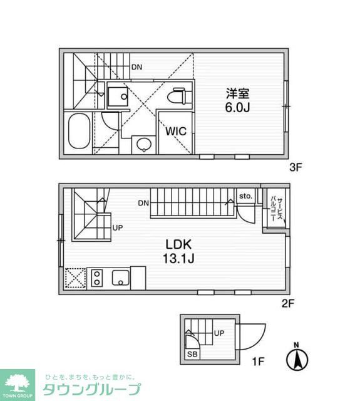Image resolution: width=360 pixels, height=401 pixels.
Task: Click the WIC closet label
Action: [x=175, y=132]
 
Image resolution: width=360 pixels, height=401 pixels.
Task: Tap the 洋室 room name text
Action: [x=238, y=94]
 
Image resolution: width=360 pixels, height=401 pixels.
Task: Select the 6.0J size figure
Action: [x=238, y=108]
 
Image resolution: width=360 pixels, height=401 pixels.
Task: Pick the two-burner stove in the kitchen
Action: [x=97, y=278]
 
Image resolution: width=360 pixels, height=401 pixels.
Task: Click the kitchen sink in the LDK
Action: [x=120, y=278]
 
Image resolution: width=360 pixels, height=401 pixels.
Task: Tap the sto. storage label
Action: [x=245, y=196]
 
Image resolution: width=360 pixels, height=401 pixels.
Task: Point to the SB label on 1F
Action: [x=191, y=353]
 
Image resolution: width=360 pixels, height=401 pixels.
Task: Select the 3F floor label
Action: [x=296, y=167]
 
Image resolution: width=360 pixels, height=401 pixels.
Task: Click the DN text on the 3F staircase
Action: [x=136, y=67]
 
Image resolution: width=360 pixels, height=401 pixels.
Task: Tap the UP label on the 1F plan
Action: [x=219, y=333]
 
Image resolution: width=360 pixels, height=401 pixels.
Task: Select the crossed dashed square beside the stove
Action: [x=75, y=278]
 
